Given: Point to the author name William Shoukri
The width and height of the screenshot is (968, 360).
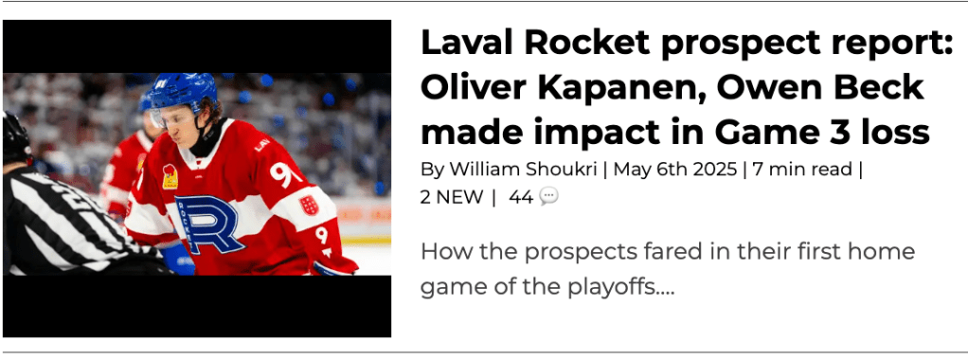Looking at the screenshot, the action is pos(523,169).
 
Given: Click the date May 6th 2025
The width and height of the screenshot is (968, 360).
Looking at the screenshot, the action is pos(674,169).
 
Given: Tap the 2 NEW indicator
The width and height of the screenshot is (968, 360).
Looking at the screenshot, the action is pos(452,197).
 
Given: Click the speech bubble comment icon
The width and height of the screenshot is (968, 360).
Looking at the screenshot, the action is pos(548,196).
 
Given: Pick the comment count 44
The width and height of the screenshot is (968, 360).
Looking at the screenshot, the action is pos(521,197).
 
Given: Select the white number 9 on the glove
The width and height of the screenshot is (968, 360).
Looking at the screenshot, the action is pos(322,235).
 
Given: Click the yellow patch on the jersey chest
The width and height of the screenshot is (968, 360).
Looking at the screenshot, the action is pos(170,176).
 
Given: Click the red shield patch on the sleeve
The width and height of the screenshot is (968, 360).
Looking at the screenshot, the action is pos(309,205).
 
